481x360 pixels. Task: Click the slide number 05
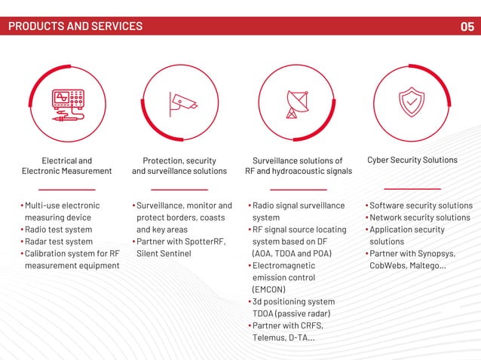pos(467,26)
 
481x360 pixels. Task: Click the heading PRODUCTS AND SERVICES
pos(75,26)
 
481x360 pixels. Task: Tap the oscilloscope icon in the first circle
pos(67,102)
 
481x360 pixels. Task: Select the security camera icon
pos(182,102)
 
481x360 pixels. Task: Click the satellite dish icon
pos(296,103)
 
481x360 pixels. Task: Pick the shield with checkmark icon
pos(411,102)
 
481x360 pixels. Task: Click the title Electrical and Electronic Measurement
pos(67,166)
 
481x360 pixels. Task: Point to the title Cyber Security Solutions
pos(412,160)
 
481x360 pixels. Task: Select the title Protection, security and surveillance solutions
pos(179,166)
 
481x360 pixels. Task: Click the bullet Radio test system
pos(59,230)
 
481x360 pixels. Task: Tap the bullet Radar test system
pos(59,242)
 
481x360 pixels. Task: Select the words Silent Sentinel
pos(164,254)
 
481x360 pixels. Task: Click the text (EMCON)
pos(268,289)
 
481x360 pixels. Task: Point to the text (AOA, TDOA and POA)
pos(292,254)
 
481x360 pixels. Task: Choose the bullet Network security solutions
pos(419,218)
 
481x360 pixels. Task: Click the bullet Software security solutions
pos(421,206)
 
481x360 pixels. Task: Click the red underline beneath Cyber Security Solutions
pos(412,189)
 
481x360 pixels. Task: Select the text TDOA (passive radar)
pos(292,313)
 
